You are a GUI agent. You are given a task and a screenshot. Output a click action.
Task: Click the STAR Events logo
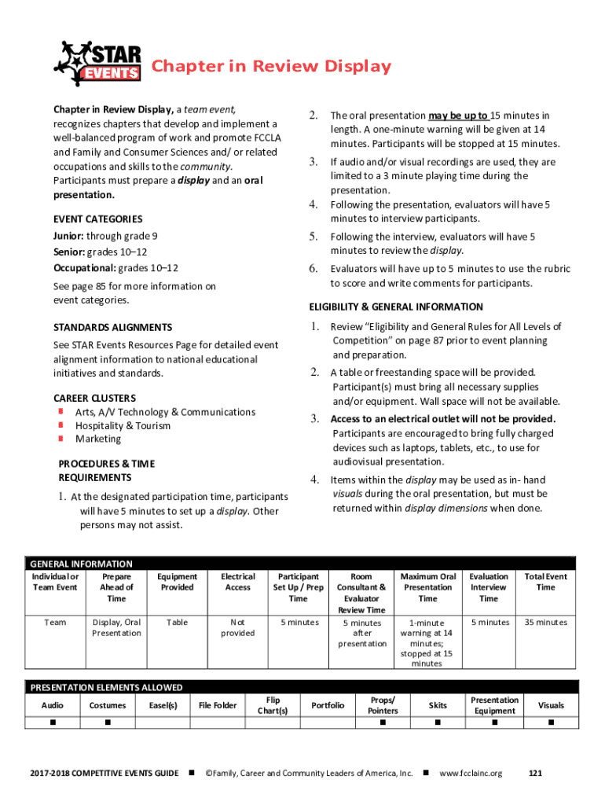pos(97,63)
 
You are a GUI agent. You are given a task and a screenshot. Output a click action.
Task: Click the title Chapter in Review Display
pos(270,67)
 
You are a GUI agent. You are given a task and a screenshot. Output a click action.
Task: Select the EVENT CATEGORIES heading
pos(97,219)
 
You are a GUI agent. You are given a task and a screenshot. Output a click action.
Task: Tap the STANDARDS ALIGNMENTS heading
pos(112,327)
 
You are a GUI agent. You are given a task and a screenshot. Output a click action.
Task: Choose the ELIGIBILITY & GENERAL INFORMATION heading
pos(406,307)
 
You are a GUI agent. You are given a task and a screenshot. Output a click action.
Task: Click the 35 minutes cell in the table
pos(545,623)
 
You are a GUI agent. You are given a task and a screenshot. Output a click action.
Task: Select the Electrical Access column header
pos(237,582)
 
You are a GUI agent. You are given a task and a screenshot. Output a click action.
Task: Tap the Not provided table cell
pos(237,627)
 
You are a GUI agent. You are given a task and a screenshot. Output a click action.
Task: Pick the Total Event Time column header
pos(545,582)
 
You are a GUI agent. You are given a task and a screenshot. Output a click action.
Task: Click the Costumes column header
pos(108,705)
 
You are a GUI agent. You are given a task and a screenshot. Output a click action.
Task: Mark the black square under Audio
pos(53,722)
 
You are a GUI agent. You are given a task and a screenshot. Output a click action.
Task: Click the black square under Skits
pos(438,722)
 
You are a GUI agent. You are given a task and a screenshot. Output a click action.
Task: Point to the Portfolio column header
pos(328,705)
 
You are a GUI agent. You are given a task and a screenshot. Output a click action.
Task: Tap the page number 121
pos(536,774)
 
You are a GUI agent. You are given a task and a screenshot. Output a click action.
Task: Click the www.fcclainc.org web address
pos(471,774)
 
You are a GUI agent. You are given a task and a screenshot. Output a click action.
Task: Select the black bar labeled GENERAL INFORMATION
pos(302,564)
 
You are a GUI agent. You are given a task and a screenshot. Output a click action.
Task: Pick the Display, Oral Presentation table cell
pos(116,627)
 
